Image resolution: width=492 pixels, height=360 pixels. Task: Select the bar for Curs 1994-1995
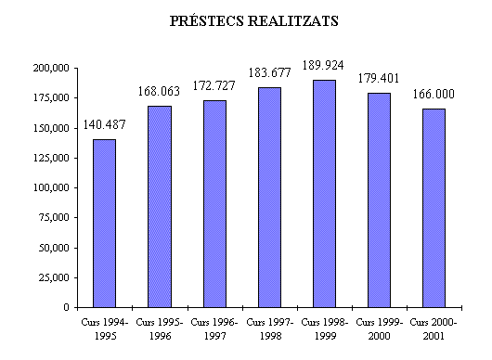click(104, 223)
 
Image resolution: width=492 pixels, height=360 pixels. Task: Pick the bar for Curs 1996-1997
click(214, 203)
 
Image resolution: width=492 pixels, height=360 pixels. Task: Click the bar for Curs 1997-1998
click(269, 197)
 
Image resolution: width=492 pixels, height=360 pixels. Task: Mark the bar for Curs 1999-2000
click(379, 199)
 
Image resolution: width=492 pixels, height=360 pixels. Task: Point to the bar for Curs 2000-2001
click(434, 208)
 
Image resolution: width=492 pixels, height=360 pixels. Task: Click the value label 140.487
click(105, 125)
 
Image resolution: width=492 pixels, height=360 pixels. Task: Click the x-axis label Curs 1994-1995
click(105, 327)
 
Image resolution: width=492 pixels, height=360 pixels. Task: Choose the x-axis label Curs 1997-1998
click(269, 327)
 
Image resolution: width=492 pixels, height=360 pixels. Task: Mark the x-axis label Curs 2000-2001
click(434, 327)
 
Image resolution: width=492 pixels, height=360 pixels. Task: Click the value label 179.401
click(379, 78)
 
